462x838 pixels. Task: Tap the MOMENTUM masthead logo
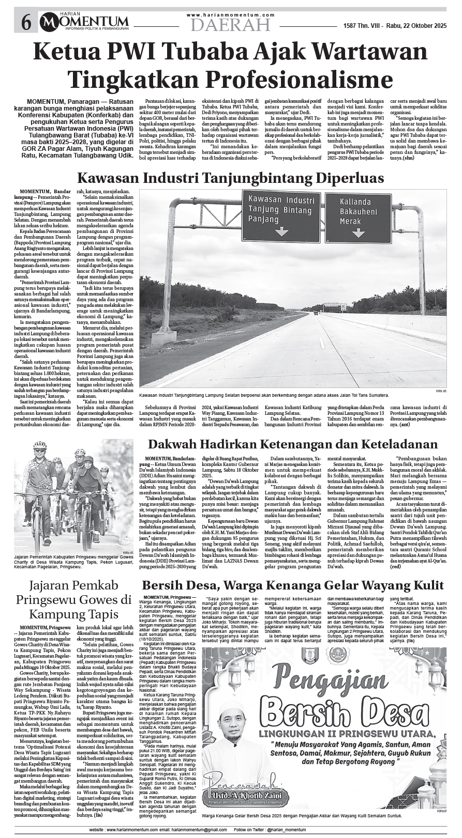(85, 21)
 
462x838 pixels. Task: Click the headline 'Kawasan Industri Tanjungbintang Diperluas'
(230, 178)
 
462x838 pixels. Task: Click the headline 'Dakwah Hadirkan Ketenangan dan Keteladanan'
(292, 444)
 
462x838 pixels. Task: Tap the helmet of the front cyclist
(40, 445)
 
